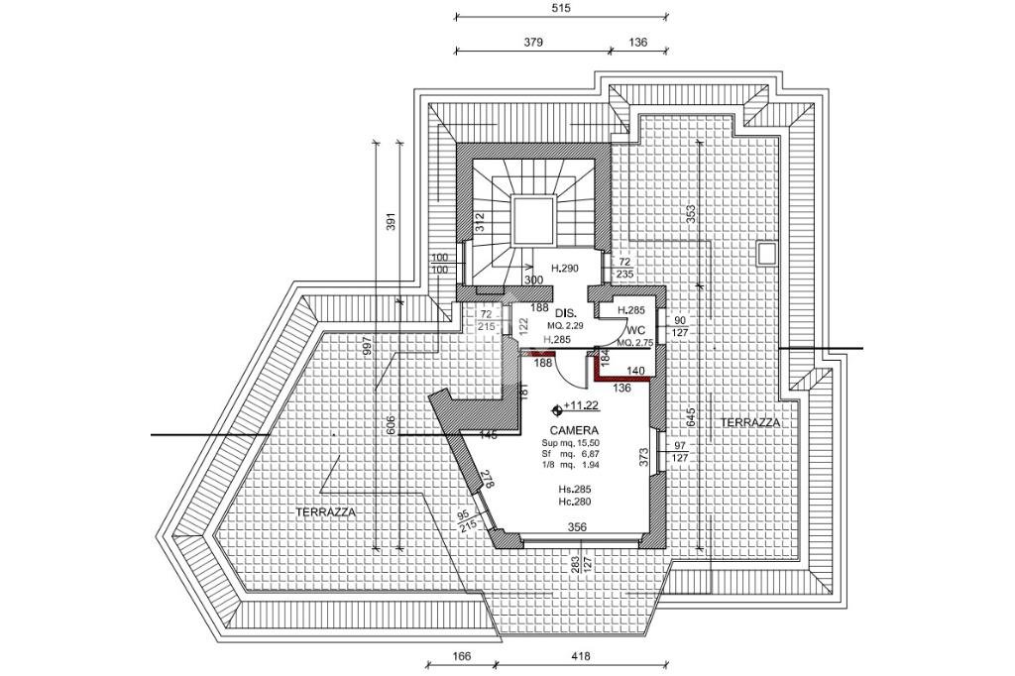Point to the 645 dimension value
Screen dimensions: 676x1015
[691, 416]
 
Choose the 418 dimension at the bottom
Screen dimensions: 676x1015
[582, 655]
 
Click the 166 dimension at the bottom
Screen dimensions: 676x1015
[460, 655]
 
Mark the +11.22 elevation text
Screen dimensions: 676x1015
[580, 406]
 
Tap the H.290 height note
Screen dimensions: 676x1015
[564, 269]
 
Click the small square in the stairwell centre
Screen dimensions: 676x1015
[532, 219]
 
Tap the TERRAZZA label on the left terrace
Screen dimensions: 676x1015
[325, 511]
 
